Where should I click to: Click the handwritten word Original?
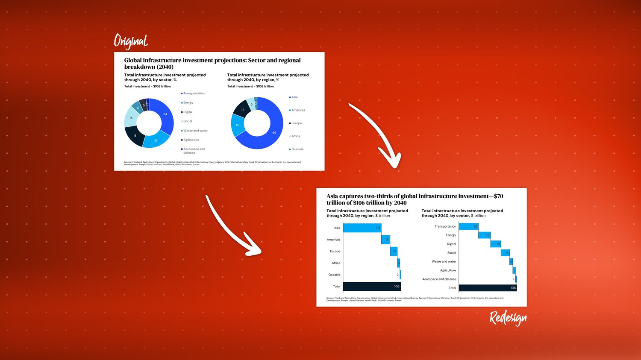coord(131,41)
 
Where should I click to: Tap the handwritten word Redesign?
coord(508,318)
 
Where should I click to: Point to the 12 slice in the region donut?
coord(241,109)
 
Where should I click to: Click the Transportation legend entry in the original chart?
coord(194,93)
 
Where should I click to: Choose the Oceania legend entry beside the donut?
coord(297,149)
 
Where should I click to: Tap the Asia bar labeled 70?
coord(362,228)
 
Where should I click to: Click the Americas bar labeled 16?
coord(385,240)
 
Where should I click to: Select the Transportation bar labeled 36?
coord(468,226)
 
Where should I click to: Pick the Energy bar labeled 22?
coord(485,235)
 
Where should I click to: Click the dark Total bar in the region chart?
coord(371,287)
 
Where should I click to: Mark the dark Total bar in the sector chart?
coord(487,288)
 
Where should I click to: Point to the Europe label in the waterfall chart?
coord(335,251)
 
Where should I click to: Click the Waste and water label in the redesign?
coord(444,261)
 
